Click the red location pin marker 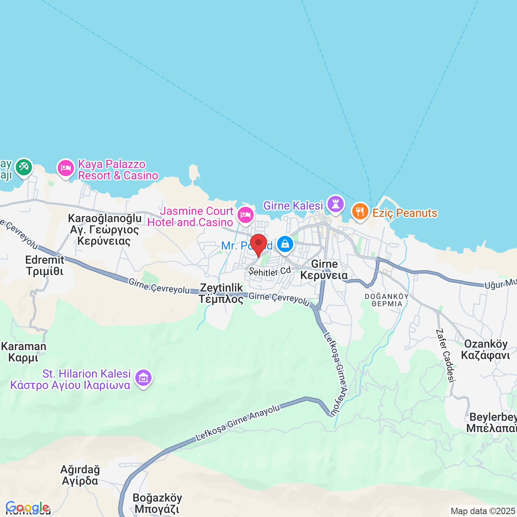[x=258, y=244]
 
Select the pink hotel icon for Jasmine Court [x=245, y=215]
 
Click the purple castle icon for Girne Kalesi [x=335, y=204]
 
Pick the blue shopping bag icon [x=285, y=244]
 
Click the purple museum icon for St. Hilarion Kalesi [x=143, y=378]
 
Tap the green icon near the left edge [x=24, y=167]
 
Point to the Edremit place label [x=45, y=260]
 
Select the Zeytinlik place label [x=222, y=288]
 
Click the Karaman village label [x=24, y=347]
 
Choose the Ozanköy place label [x=485, y=344]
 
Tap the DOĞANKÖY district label [x=387, y=296]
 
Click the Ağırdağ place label [x=80, y=470]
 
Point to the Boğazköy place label [x=157, y=498]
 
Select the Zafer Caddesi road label [x=446, y=355]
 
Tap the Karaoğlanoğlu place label [x=105, y=219]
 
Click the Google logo [x=27, y=507]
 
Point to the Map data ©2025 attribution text [x=483, y=511]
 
